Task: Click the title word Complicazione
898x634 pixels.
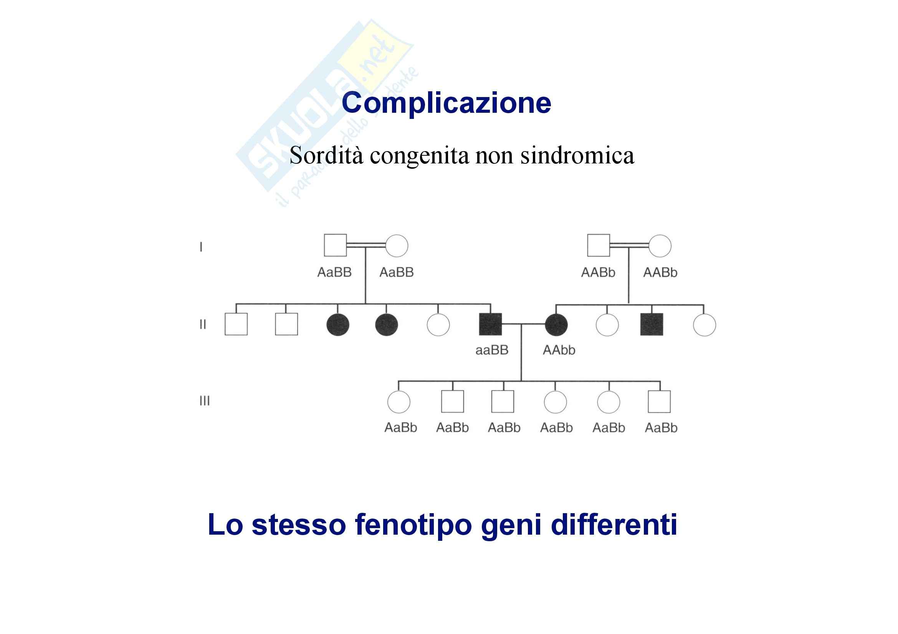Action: [x=446, y=103]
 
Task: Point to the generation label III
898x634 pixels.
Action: [x=205, y=401]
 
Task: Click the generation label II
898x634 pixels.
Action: [x=203, y=324]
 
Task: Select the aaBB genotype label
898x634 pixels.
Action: [x=492, y=350]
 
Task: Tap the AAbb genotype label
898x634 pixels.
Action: [x=559, y=350]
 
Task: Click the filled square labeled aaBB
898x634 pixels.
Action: [x=490, y=324]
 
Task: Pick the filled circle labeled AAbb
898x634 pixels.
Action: [x=556, y=324]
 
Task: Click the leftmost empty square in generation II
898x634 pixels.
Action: [x=236, y=324]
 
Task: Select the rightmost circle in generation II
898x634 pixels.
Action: [x=705, y=324]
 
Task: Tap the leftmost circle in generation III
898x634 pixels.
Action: [x=399, y=402]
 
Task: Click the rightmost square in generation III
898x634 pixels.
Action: [x=659, y=402]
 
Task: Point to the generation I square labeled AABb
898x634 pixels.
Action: [x=599, y=245]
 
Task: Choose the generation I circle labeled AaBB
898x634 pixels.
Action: [x=397, y=246]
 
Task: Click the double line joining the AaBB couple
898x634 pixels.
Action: [x=366, y=245]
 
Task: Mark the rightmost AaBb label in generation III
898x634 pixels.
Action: [x=661, y=428]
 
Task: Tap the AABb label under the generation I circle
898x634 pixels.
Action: [x=660, y=272]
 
